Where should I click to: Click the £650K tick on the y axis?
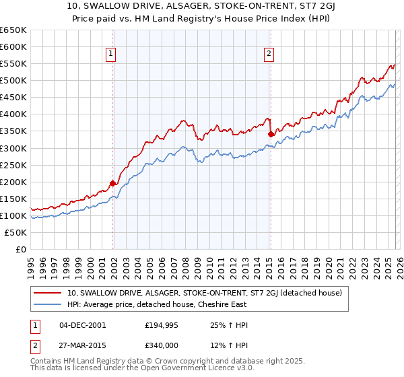point(13,30)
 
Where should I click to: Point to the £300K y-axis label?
point(13,148)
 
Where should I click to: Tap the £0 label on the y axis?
point(22,249)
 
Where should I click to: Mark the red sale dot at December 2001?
point(112,183)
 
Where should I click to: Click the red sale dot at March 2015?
point(271,134)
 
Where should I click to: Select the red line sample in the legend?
point(48,293)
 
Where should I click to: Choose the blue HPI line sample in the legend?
point(48,304)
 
